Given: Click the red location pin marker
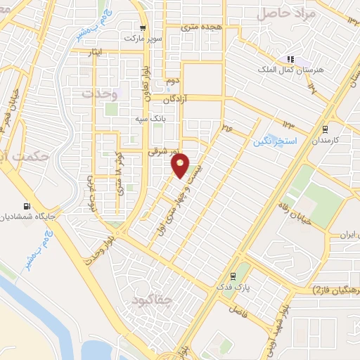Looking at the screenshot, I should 181,165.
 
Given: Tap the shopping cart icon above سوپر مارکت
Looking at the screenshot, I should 144,29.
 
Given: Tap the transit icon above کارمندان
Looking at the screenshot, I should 324,129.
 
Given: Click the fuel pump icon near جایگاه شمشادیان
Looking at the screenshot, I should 27,207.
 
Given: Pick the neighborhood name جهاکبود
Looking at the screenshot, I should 151,300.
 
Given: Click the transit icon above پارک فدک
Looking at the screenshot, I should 232,277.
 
